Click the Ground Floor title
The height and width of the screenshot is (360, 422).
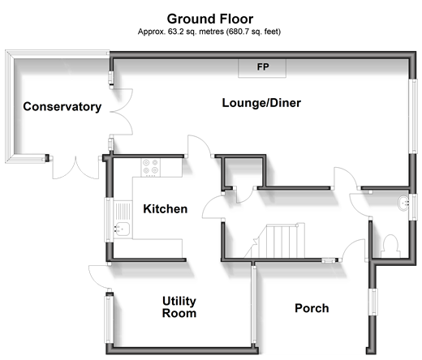click(x=210, y=19)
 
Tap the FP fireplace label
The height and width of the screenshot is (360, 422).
click(x=263, y=66)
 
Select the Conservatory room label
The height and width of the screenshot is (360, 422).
click(x=62, y=106)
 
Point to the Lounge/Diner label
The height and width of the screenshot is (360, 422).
click(x=261, y=103)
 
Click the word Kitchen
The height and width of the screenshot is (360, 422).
click(x=166, y=209)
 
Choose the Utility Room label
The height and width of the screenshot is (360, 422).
click(x=179, y=307)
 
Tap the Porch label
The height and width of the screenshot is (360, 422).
click(x=312, y=308)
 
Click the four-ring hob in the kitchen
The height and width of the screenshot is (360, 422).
click(x=150, y=167)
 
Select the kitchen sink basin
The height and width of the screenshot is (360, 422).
click(x=122, y=229)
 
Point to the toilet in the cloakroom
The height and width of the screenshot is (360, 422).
click(x=391, y=246)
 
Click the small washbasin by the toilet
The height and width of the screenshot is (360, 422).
click(x=403, y=203)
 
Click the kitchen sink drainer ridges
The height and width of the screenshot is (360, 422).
click(x=123, y=212)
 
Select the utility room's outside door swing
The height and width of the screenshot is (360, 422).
click(x=99, y=276)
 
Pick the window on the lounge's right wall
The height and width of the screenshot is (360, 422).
click(x=414, y=117)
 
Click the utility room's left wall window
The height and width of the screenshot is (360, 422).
click(x=108, y=319)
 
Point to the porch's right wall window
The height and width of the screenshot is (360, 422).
click(x=373, y=302)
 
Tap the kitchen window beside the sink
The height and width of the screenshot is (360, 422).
click(x=108, y=220)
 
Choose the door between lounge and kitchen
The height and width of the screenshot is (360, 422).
click(x=200, y=146)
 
